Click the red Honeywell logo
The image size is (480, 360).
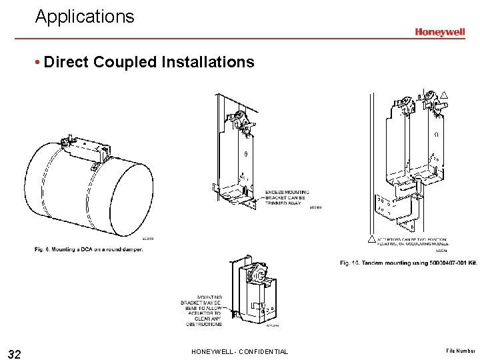coord(439,32)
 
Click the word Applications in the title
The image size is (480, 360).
coord(85,17)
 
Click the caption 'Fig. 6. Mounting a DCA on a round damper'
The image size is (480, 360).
coord(88,249)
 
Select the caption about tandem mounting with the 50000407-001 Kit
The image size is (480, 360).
coord(408,263)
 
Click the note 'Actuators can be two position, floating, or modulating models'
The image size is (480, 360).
coord(413,242)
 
